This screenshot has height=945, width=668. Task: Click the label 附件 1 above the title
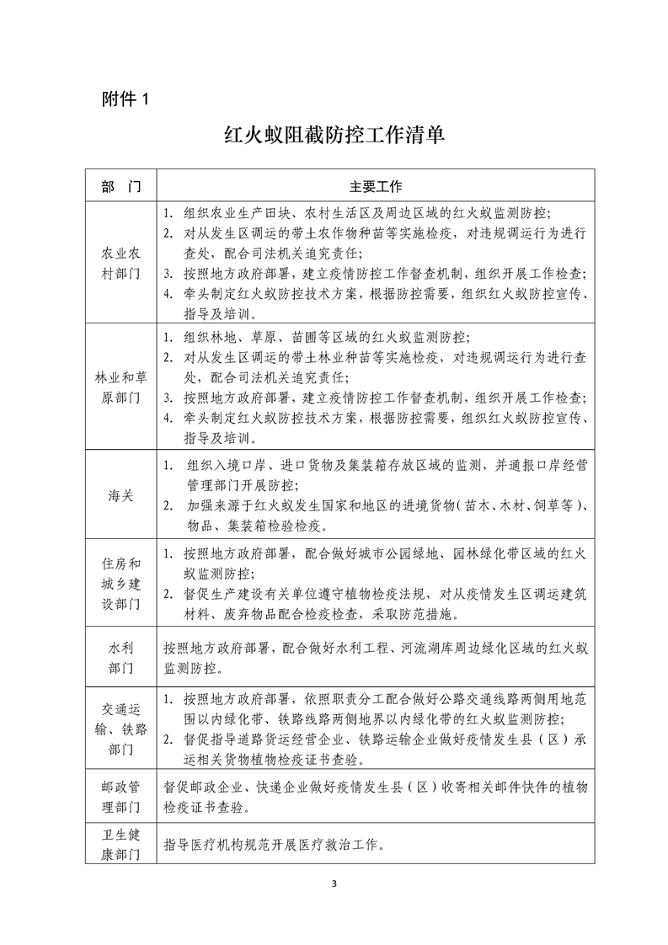tap(124, 98)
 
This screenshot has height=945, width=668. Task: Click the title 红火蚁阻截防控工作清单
tap(334, 136)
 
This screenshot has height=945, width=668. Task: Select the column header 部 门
tap(120, 184)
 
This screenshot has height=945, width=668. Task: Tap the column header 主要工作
tap(376, 184)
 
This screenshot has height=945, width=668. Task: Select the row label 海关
tap(120, 496)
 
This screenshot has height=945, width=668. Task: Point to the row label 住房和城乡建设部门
tap(120, 584)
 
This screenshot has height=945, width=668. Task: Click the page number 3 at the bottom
tap(334, 884)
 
